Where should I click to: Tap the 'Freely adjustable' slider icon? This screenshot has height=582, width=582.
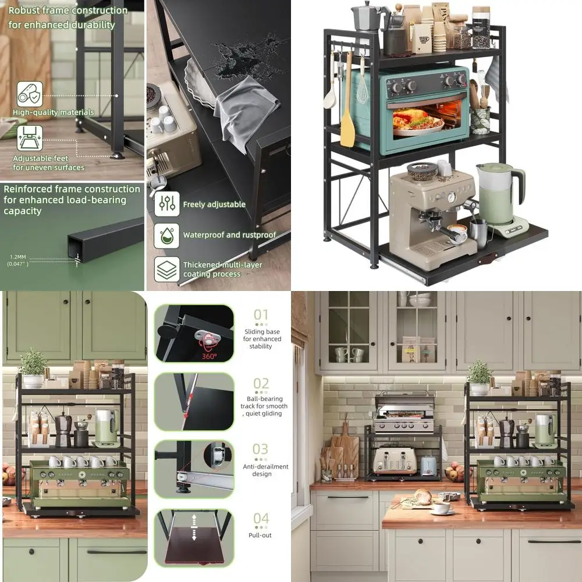tap(166, 204)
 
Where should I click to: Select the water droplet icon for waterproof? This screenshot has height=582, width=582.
tap(166, 235)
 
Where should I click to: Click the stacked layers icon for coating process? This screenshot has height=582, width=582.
tap(166, 269)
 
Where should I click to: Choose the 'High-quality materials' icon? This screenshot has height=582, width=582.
tap(29, 93)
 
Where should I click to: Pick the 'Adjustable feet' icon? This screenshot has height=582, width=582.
tap(29, 139)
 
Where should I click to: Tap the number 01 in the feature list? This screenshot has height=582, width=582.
tap(261, 315)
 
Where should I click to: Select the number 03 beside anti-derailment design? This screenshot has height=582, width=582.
tap(261, 449)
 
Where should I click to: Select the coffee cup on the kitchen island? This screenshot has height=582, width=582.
tap(442, 507)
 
